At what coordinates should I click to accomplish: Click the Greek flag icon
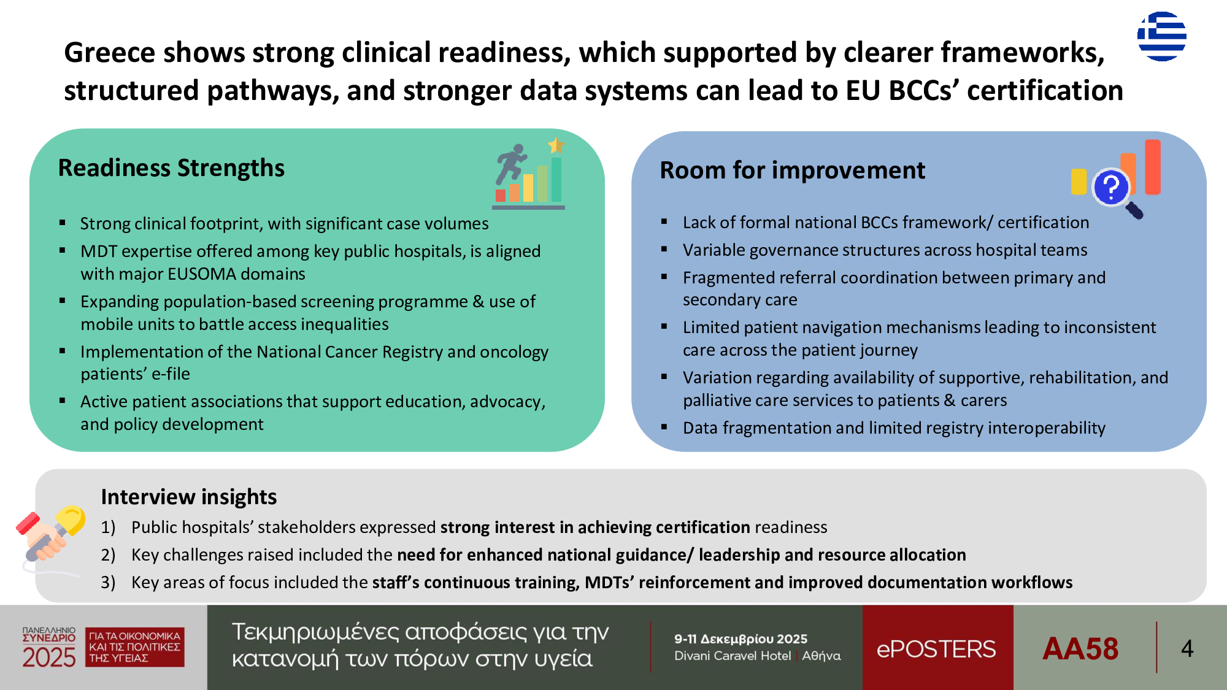click(x=1161, y=36)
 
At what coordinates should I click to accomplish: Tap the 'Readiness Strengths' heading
click(x=171, y=168)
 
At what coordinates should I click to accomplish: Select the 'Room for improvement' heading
click(x=792, y=171)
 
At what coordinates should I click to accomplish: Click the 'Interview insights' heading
click(x=189, y=497)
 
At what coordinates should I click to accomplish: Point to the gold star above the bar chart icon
click(x=556, y=145)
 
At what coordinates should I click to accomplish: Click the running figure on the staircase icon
click(x=512, y=163)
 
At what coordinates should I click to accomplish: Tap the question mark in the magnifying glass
click(x=1111, y=187)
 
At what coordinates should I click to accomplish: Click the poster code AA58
click(x=1080, y=648)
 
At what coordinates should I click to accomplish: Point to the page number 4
click(x=1187, y=648)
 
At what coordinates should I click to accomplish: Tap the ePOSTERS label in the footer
click(x=936, y=649)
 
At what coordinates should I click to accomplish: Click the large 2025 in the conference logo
click(x=49, y=657)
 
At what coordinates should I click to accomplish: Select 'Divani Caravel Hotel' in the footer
click(x=733, y=656)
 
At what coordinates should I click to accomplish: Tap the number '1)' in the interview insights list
click(x=108, y=527)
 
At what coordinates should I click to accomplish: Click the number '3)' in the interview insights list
click(x=108, y=583)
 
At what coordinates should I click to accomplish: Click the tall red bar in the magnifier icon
click(x=1152, y=167)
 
